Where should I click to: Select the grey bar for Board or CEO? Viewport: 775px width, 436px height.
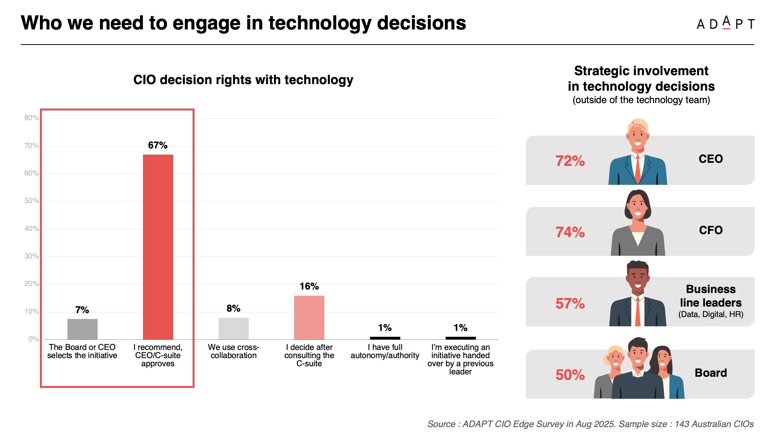82,329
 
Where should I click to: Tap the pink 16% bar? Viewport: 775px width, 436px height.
309,317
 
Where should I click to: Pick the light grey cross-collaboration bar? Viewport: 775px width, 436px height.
233,328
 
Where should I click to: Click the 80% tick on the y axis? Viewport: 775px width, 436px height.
31,118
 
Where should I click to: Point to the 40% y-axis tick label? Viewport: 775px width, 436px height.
31,229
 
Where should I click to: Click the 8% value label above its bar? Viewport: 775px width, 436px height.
233,308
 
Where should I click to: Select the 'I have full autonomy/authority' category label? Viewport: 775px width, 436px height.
385,351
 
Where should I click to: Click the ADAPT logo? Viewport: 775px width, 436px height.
725,24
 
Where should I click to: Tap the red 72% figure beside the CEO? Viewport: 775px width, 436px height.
570,161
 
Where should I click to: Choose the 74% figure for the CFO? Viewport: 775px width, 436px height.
570,232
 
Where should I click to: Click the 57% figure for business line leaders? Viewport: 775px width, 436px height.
570,303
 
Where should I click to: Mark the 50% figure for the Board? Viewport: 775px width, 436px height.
570,375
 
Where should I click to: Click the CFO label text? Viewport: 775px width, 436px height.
711,230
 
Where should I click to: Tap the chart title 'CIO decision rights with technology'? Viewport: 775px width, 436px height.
243,80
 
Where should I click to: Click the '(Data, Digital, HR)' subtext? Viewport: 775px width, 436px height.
711,314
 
